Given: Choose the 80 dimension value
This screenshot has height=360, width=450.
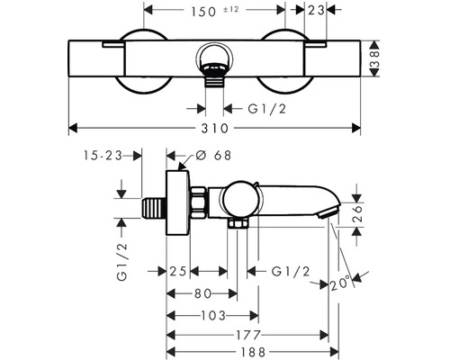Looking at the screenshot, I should click(202, 292).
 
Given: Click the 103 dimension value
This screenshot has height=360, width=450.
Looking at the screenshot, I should click(211, 315).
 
